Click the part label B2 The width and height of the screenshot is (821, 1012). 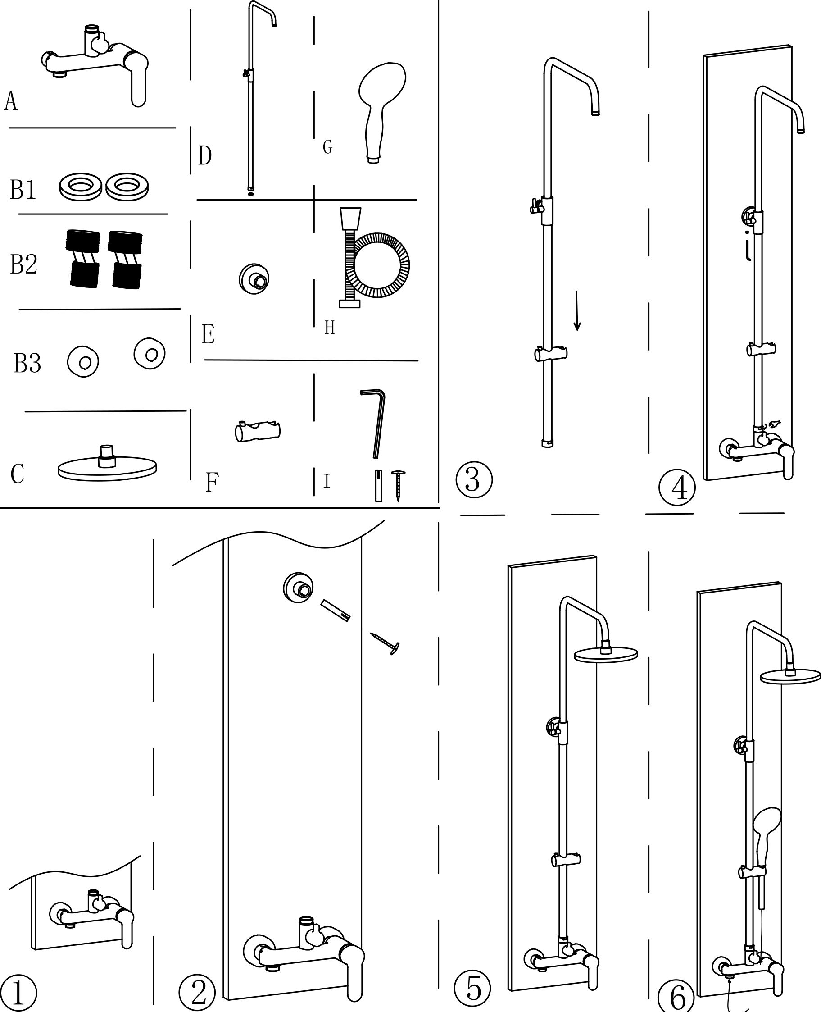24,264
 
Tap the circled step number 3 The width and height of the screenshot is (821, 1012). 474,479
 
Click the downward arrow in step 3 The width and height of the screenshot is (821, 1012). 577,310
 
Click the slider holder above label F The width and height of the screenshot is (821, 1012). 257,431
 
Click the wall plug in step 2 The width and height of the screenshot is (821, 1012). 336,611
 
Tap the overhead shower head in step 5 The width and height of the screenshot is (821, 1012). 606,653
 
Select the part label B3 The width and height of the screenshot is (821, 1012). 27,363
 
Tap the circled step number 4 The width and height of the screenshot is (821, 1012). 677,488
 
